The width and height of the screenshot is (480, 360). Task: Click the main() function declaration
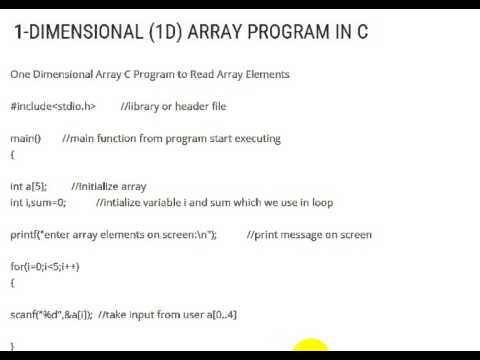pos(25,138)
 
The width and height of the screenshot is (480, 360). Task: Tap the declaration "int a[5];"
pos(28,186)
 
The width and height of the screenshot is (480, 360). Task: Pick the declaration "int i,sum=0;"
pos(38,202)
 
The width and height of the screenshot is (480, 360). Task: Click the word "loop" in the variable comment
pos(322,202)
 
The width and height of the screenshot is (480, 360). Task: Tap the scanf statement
pos(52,315)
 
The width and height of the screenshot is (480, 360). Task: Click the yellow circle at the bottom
pos(311,350)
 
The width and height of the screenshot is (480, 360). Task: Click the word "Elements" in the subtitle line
pos(263,74)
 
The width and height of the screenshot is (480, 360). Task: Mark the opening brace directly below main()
pos(13,154)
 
